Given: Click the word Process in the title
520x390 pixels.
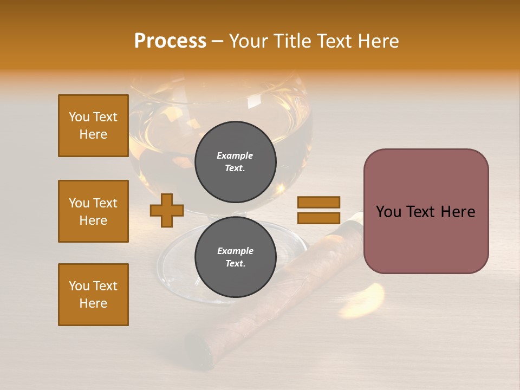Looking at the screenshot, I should coord(170,41).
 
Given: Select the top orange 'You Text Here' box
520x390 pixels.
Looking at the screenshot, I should coord(93,126).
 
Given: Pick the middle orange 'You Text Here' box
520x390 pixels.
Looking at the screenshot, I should coord(93,211).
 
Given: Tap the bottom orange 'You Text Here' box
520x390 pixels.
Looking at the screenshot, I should coord(93,295).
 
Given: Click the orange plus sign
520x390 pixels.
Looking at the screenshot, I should coord(167,210).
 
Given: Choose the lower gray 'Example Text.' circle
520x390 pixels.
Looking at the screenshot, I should coord(235,257).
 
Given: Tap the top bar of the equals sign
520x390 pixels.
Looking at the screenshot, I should coord(318,203).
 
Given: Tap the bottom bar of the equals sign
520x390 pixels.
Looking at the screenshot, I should coord(318,218).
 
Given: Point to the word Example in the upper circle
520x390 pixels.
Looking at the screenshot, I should coord(235,155).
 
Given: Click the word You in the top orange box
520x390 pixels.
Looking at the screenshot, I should coord(79,117).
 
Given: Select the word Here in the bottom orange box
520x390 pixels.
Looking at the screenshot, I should coord(93,303).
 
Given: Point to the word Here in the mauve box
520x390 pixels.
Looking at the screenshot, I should coord(458,212).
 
